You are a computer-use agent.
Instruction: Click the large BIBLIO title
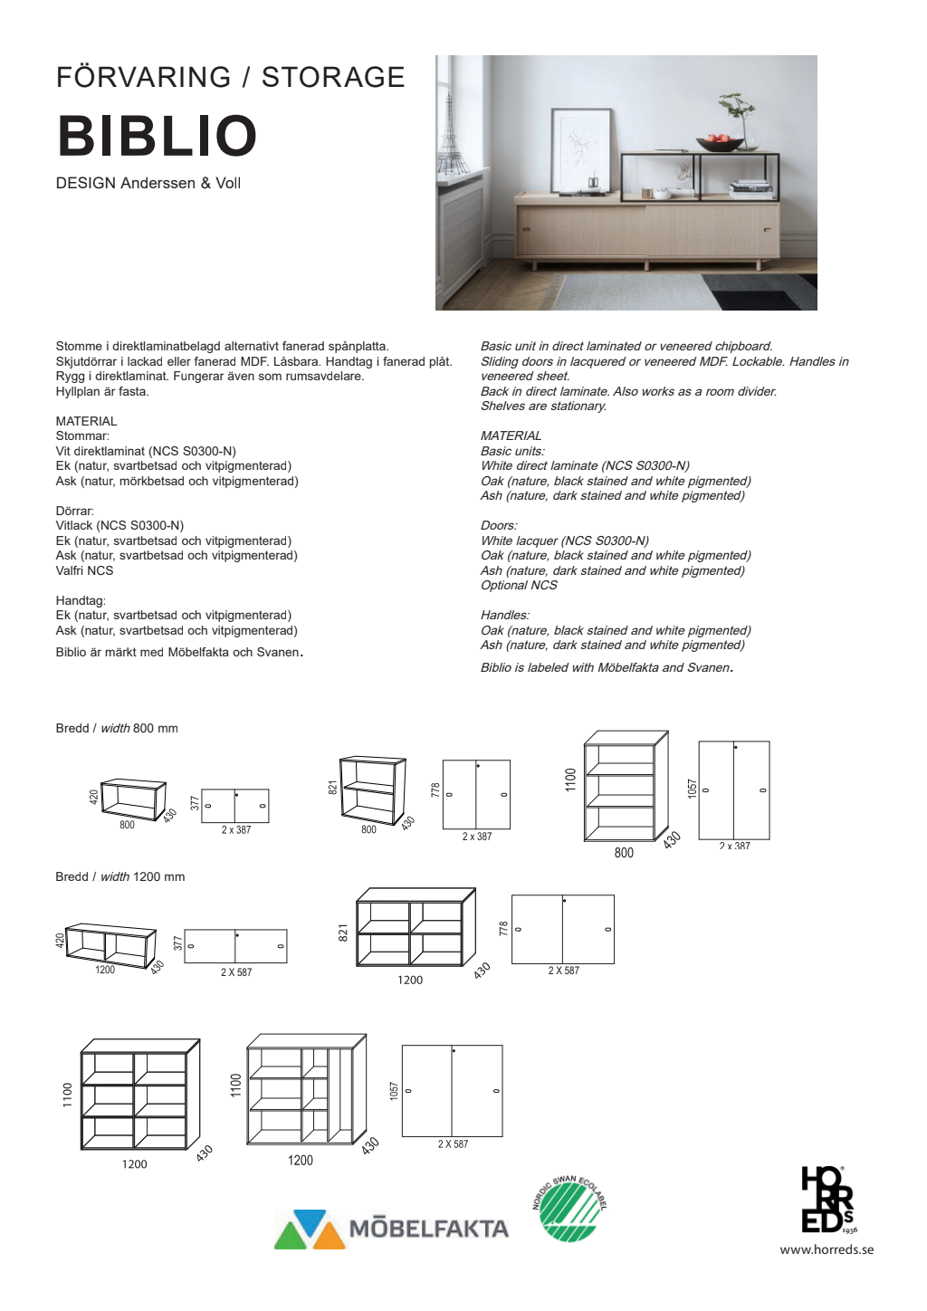(158, 136)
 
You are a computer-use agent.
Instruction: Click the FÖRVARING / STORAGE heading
(230, 77)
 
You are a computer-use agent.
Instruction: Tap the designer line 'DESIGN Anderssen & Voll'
(148, 183)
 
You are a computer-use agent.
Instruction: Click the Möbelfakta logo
(392, 1229)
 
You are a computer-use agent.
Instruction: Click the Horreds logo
(827, 1201)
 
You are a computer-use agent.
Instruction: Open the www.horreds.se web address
(827, 1249)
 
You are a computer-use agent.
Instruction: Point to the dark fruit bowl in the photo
(721, 143)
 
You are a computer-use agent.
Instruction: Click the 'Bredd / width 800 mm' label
(117, 728)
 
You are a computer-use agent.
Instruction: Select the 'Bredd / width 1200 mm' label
(119, 876)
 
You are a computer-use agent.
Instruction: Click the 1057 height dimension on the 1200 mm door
(394, 1090)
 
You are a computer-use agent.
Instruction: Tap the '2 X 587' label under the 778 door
(563, 971)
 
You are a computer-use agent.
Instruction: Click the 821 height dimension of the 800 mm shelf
(332, 788)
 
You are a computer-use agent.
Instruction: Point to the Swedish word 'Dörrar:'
(74, 511)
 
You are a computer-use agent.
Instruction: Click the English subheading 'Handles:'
(504, 615)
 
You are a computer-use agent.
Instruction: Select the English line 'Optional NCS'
(519, 585)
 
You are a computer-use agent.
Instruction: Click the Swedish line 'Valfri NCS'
(84, 570)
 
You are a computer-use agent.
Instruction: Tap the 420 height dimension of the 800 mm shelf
(93, 797)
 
